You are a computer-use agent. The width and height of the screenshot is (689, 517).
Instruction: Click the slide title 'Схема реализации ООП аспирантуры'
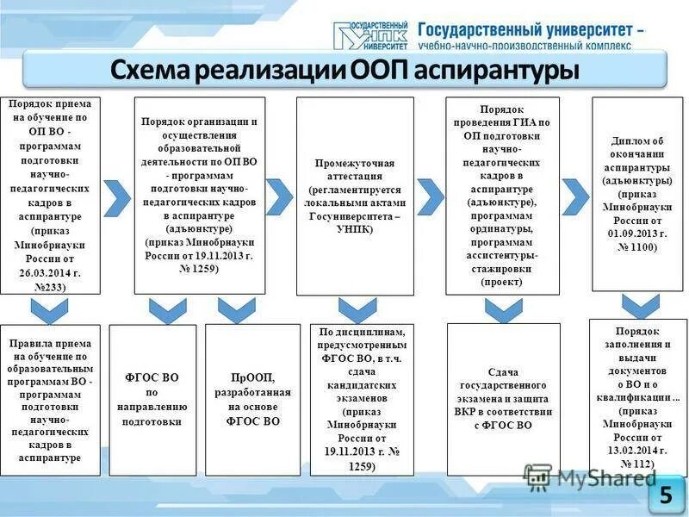pos(344,70)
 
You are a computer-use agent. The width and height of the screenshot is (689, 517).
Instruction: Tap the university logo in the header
pos(370,34)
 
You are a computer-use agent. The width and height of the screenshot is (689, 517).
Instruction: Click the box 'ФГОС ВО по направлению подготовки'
pos(152,399)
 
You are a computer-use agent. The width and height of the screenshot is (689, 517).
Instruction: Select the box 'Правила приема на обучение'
pos(50,399)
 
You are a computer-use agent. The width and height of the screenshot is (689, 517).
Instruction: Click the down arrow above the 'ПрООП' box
pos(237,309)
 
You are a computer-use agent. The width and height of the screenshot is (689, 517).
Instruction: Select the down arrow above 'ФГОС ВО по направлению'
pos(167,309)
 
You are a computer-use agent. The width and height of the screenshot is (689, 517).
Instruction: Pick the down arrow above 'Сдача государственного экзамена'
pos(503,309)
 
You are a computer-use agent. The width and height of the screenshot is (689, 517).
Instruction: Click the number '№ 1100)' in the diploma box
pos(637,247)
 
